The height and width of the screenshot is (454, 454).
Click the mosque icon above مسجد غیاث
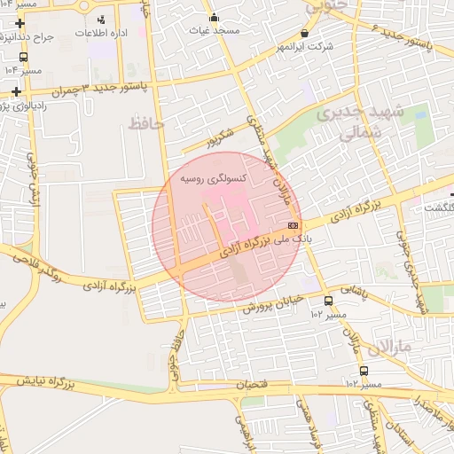214,17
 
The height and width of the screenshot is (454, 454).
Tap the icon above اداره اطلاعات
100,19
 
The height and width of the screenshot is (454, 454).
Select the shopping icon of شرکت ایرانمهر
305,32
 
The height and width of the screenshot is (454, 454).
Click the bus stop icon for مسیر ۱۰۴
23,59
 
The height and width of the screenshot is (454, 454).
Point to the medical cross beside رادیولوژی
19,91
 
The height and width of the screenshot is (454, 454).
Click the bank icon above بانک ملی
294,225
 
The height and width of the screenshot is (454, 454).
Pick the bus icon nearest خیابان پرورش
329,301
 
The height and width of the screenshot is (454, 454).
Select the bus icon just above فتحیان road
364,371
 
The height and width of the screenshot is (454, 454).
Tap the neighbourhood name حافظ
146,122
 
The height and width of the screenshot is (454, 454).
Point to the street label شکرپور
220,139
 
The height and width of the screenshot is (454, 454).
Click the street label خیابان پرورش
274,307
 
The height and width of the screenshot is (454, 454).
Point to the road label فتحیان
252,385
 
